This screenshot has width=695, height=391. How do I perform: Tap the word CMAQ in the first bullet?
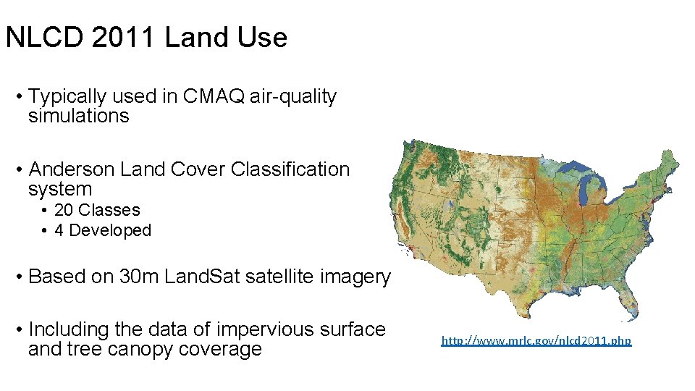pos(209,96)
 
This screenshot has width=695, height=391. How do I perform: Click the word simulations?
pos(78,117)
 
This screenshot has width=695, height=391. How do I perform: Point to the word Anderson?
pos(71,169)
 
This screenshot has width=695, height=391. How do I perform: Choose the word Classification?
pos(290,169)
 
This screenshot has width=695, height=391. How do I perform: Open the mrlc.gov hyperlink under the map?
pos(536,340)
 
